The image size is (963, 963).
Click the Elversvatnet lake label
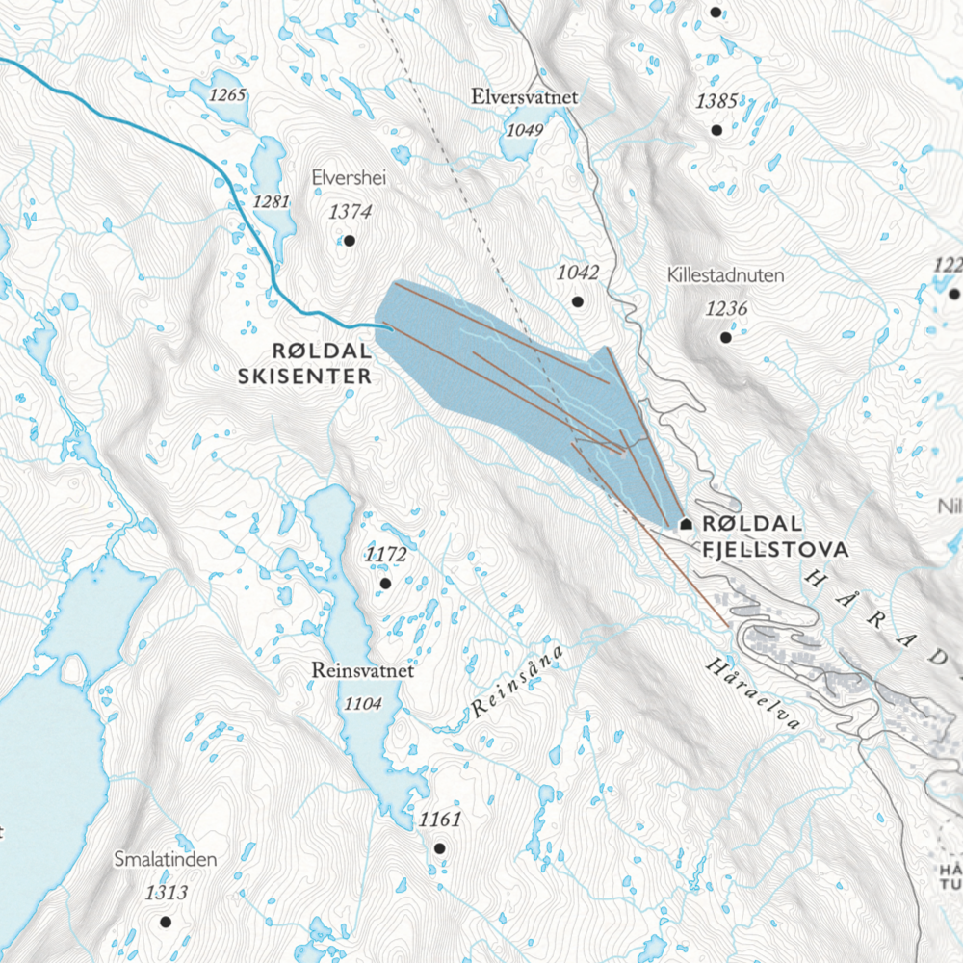coord(524,97)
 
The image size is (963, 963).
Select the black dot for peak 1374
coord(350,241)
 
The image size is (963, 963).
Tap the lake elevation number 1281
coord(271,201)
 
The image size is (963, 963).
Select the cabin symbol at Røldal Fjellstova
coord(686,524)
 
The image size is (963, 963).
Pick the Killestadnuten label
coord(725,275)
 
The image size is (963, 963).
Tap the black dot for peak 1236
coord(725,337)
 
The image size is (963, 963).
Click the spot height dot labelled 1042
coord(578,301)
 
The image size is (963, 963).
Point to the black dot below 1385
coord(716,130)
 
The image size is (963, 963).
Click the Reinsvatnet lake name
coord(363,671)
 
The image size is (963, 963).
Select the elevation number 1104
coord(363,704)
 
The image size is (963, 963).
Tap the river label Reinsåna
coord(517,684)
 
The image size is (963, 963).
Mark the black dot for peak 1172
coord(385,584)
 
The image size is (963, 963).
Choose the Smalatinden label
coord(165,859)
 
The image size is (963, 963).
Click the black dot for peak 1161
coord(439,848)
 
